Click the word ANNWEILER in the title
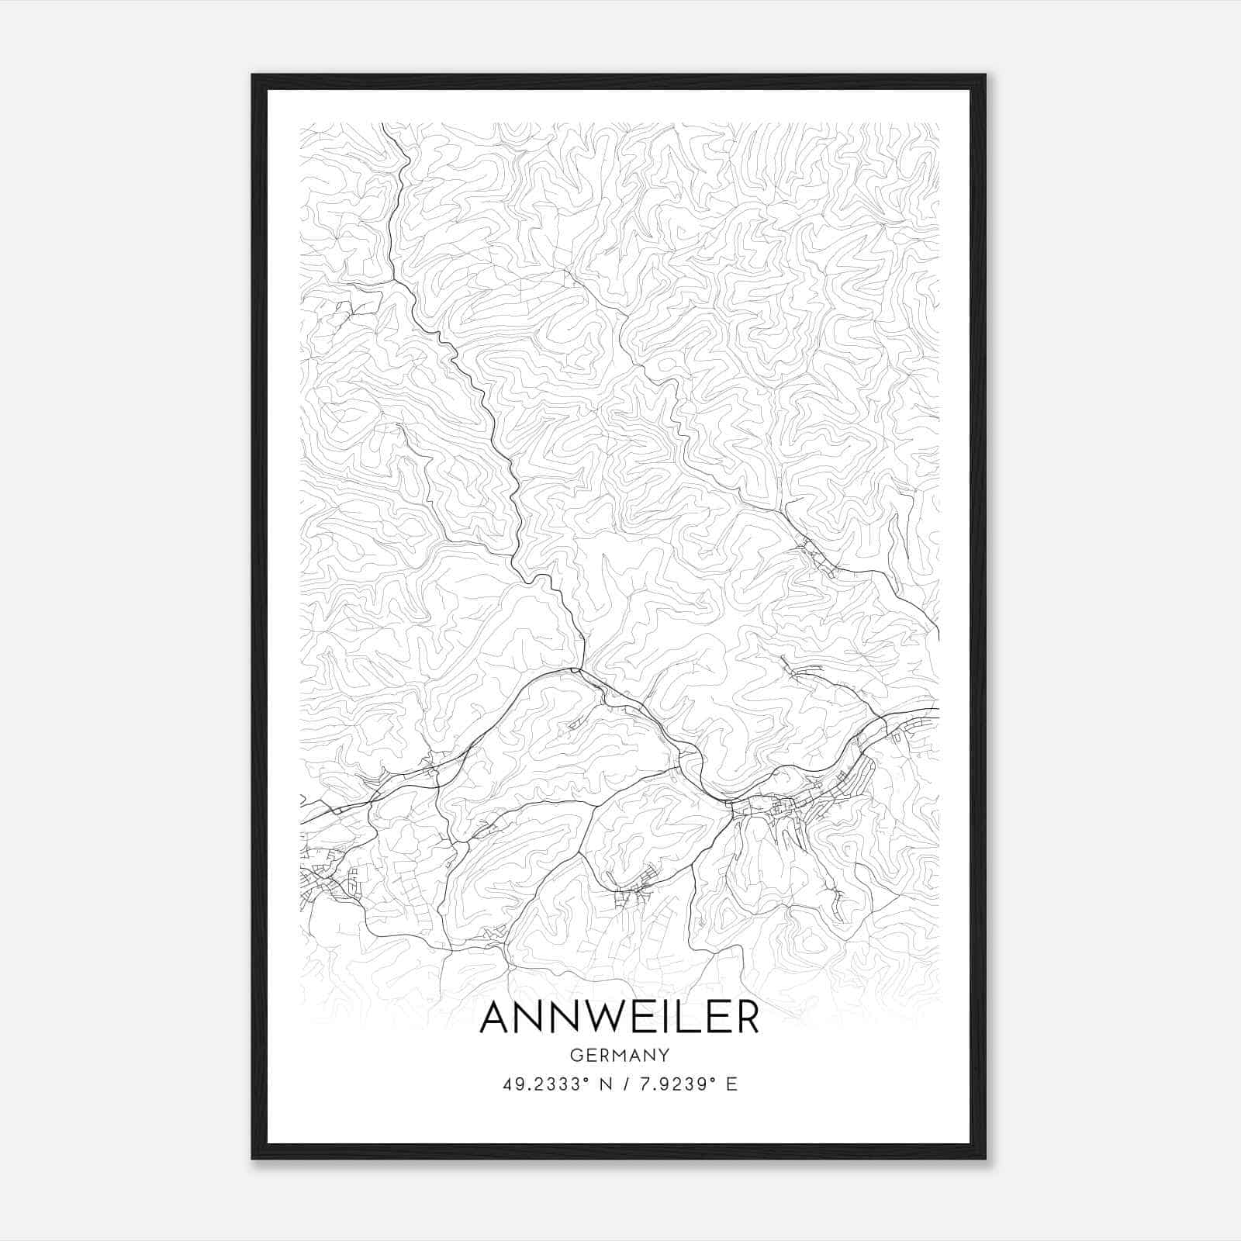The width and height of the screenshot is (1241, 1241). pos(619,1017)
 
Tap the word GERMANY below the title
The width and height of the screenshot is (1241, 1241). pos(619,1055)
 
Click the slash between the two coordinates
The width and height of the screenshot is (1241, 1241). pos(626,1084)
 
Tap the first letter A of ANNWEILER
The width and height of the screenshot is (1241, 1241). pos(497,1017)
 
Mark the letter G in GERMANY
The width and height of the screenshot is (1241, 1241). pos(575,1055)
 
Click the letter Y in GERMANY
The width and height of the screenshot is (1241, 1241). pos(664,1055)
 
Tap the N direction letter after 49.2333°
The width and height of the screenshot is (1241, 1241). pos(605,1084)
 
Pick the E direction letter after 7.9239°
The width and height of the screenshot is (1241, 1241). pos(731,1084)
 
